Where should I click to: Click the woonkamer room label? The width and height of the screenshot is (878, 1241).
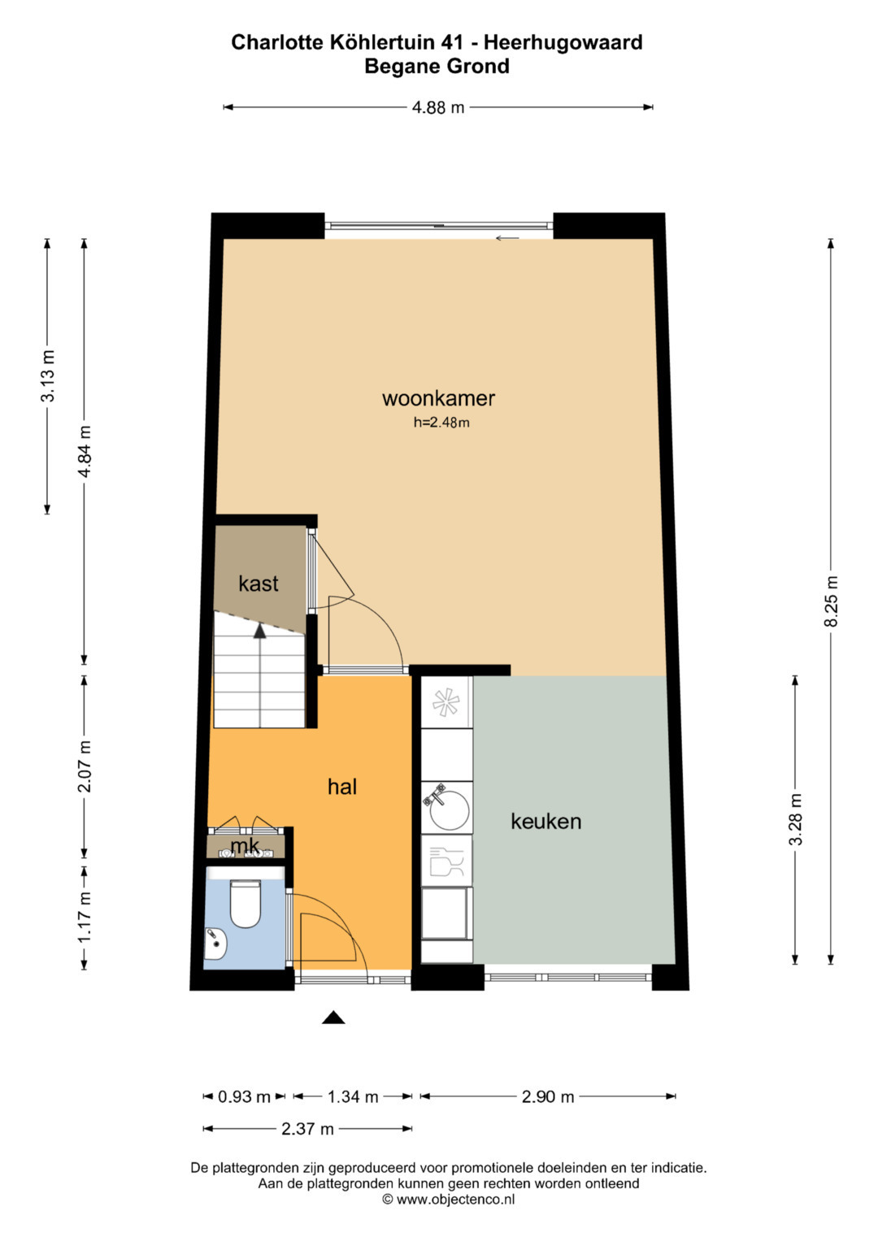pyautogui.click(x=438, y=398)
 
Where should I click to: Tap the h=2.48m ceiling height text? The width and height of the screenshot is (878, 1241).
pyautogui.click(x=441, y=423)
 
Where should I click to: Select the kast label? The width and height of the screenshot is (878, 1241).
pyautogui.click(x=259, y=584)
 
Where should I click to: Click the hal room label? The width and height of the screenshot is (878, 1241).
pyautogui.click(x=342, y=787)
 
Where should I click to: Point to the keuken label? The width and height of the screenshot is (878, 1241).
pyautogui.click(x=546, y=821)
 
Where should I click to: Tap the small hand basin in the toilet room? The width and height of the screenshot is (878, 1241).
pyautogui.click(x=215, y=944)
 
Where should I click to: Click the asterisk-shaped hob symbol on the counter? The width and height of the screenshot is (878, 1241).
pyautogui.click(x=446, y=702)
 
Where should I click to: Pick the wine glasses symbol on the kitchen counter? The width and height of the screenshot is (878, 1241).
pyautogui.click(x=446, y=861)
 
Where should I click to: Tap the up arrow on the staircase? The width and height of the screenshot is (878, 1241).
pyautogui.click(x=259, y=631)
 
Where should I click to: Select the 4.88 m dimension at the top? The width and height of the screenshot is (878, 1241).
pyautogui.click(x=438, y=107)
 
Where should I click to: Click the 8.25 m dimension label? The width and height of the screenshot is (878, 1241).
pyautogui.click(x=831, y=601)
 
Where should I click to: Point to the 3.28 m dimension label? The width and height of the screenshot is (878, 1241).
pyautogui.click(x=795, y=819)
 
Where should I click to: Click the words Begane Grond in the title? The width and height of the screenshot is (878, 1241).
pyautogui.click(x=437, y=67)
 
